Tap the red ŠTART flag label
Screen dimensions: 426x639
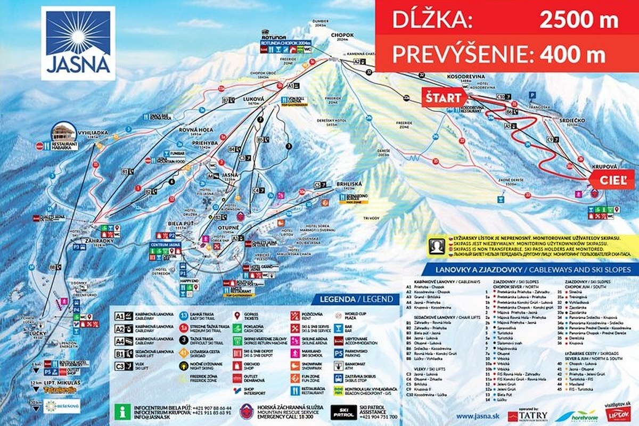coord(443,97)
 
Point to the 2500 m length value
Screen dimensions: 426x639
coord(579,20)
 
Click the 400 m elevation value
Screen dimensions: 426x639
coord(572,54)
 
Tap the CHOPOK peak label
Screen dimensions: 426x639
coord(342,35)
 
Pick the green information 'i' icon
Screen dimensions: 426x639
coord(124,411)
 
